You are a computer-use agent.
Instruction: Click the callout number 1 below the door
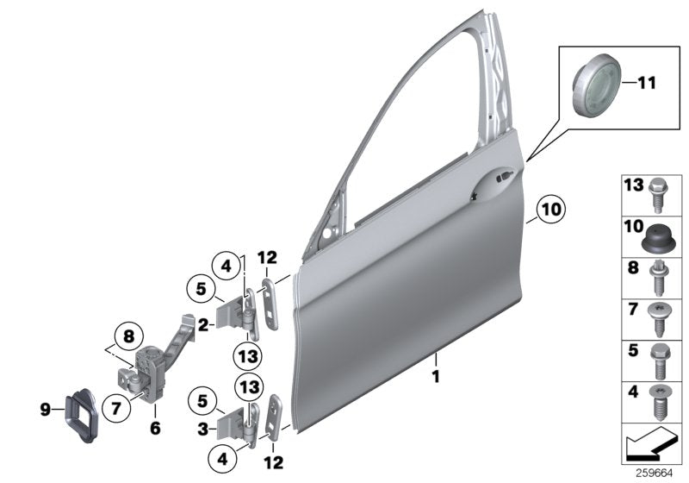click(x=437, y=376)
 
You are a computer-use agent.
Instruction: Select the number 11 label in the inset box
click(x=646, y=84)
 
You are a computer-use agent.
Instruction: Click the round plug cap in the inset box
click(x=597, y=88)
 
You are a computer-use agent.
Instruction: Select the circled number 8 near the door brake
click(x=127, y=335)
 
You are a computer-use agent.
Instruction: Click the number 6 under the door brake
click(x=156, y=426)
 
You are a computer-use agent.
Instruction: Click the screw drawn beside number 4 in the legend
click(x=661, y=402)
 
